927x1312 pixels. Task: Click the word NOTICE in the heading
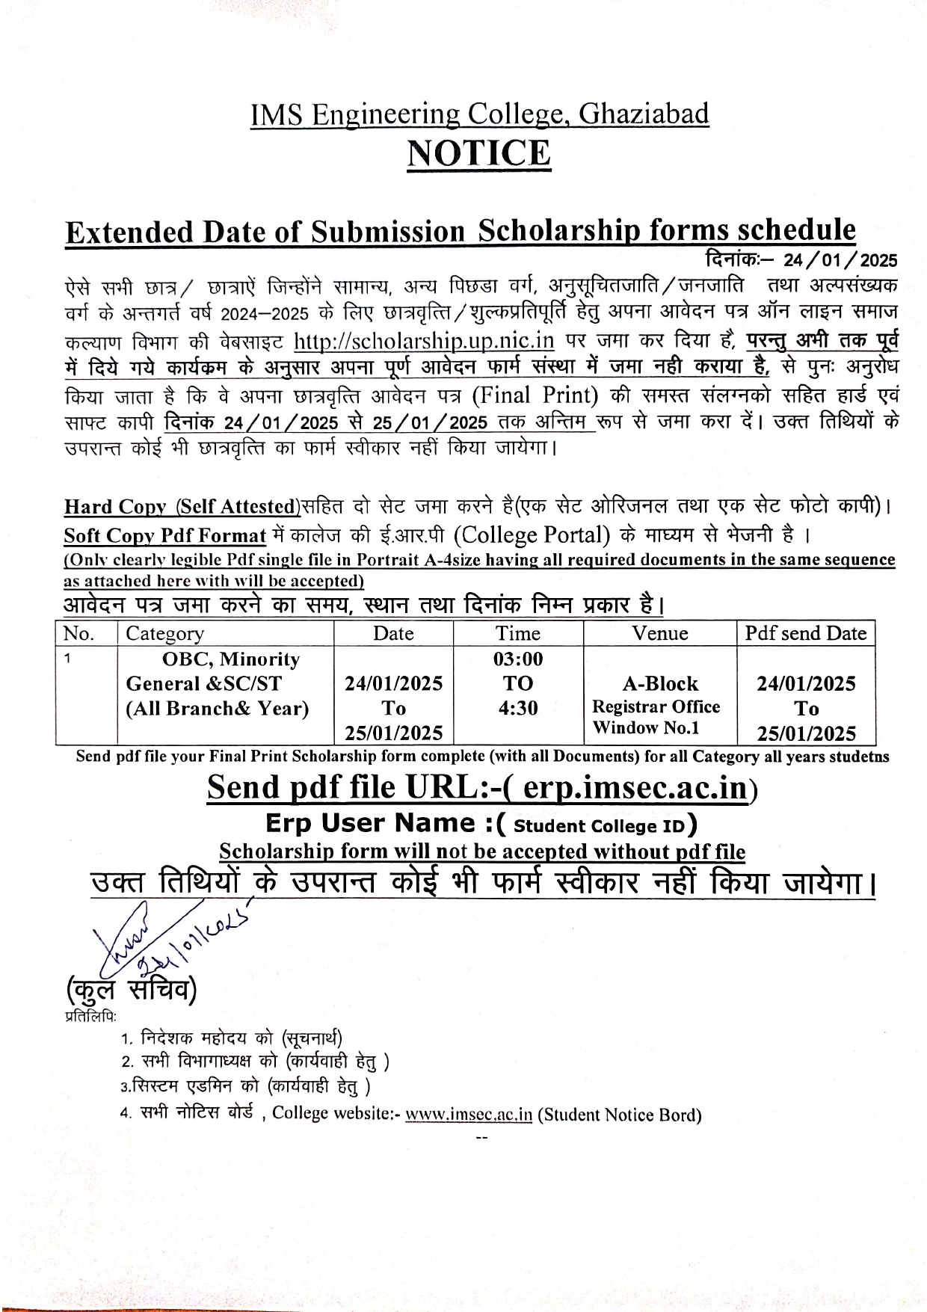click(478, 154)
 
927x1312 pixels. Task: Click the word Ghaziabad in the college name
click(644, 114)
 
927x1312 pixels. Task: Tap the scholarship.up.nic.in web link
click(424, 341)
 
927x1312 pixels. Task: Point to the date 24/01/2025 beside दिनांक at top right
click(840, 260)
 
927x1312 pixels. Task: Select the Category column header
click(164, 634)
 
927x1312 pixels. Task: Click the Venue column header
click(659, 634)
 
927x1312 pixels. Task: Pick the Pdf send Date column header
click(805, 634)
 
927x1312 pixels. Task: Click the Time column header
click(517, 634)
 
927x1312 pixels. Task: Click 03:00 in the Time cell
click(518, 659)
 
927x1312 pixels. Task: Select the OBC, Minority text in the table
click(231, 659)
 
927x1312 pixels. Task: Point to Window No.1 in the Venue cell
click(646, 727)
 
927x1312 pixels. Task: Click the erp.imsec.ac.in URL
click(635, 788)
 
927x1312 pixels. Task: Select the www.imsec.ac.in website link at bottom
click(469, 1114)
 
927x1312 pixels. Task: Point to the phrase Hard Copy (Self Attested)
click(182, 507)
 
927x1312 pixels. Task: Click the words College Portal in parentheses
click(532, 535)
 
